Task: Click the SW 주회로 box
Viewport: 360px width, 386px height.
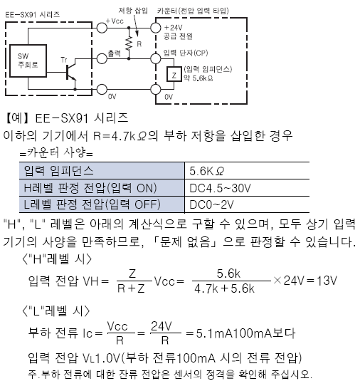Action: click(28, 61)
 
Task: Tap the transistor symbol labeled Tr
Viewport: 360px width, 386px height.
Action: click(71, 73)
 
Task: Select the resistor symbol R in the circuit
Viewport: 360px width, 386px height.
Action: click(129, 43)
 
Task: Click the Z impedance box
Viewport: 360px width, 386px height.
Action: click(174, 74)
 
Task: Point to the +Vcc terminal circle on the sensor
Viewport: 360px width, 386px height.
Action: click(102, 28)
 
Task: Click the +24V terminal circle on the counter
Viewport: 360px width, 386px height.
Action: click(155, 28)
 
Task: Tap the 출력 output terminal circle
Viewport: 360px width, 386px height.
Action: click(102, 58)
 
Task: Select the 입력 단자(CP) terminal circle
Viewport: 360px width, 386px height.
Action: click(155, 58)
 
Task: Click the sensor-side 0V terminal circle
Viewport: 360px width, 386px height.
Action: click(102, 89)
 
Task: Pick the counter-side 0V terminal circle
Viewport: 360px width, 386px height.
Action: click(155, 89)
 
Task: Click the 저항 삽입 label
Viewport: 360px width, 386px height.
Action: click(133, 11)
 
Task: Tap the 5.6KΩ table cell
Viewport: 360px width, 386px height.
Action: click(247, 171)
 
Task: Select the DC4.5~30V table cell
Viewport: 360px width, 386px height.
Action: click(247, 188)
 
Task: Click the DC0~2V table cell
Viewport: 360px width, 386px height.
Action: click(247, 204)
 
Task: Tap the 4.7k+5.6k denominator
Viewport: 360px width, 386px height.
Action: click(224, 288)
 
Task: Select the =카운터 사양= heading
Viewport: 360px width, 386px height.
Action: click(56, 152)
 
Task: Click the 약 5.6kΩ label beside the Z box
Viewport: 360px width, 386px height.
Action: click(198, 78)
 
